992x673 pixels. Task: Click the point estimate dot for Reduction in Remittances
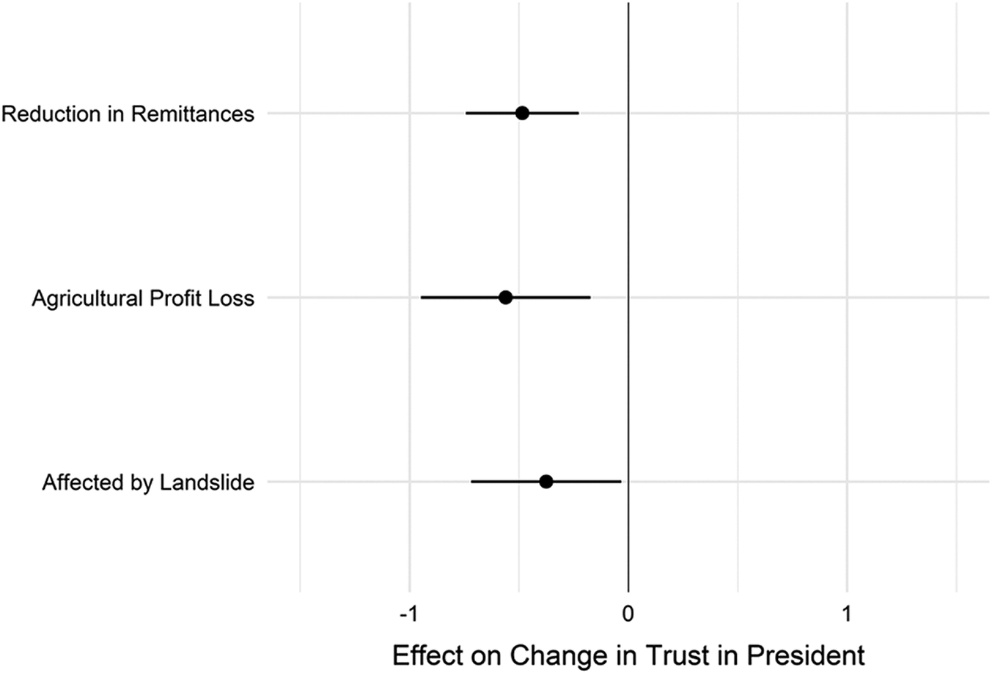522,113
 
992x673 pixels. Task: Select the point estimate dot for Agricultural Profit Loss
505,298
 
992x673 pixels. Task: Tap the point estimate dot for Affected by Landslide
545,482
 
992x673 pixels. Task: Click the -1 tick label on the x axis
409,614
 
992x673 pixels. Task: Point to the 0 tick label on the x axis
628,614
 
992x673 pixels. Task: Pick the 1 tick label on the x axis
847,614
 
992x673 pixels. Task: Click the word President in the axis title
807,655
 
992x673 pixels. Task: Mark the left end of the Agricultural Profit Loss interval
422,298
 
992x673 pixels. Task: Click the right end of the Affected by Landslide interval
620,482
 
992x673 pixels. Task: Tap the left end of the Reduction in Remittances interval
466,113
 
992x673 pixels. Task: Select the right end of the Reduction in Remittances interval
578,113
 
